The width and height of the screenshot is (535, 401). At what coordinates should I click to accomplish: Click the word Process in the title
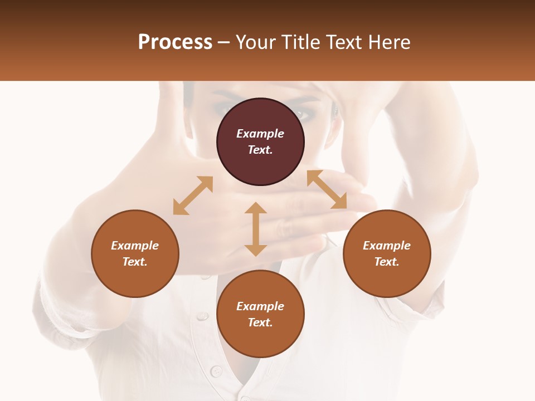tap(175, 42)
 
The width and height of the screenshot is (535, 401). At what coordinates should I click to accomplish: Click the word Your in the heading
tap(257, 42)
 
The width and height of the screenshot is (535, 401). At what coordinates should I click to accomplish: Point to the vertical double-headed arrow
tap(256, 229)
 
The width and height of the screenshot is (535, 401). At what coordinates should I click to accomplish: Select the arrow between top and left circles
tap(193, 195)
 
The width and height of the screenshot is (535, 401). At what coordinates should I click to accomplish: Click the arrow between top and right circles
tap(327, 189)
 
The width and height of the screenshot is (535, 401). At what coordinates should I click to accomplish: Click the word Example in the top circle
tap(260, 134)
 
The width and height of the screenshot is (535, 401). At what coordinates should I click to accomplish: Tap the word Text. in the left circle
tap(135, 262)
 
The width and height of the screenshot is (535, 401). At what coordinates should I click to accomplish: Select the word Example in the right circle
tap(387, 246)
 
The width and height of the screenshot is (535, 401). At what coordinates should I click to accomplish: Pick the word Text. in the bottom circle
tap(260, 322)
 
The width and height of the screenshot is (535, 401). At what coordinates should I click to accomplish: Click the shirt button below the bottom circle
tap(215, 370)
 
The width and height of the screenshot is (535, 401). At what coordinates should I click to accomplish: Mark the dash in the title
tap(224, 42)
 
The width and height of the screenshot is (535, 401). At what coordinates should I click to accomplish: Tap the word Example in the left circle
tap(135, 246)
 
